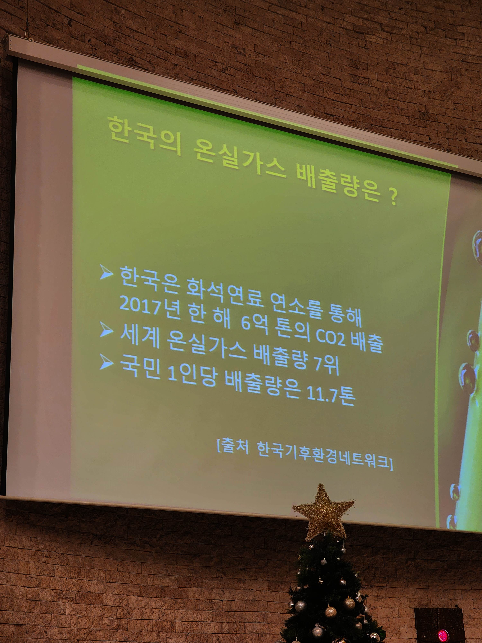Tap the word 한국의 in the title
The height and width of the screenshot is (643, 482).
click(144, 136)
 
